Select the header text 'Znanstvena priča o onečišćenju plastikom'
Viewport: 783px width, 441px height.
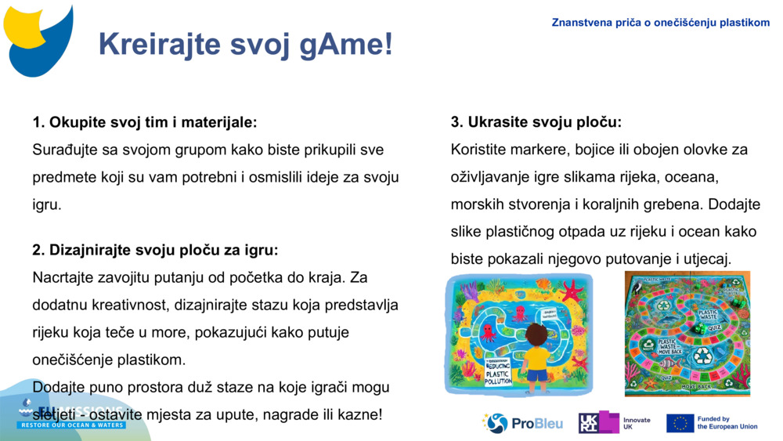(660, 23)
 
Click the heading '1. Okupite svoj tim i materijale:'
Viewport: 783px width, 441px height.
(145, 122)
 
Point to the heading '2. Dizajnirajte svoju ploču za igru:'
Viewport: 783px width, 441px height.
(155, 251)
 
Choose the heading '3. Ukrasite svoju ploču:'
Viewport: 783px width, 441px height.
(536, 122)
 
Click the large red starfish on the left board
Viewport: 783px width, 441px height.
(572, 291)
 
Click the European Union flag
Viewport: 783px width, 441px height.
(680, 424)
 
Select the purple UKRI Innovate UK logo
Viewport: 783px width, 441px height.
(599, 423)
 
